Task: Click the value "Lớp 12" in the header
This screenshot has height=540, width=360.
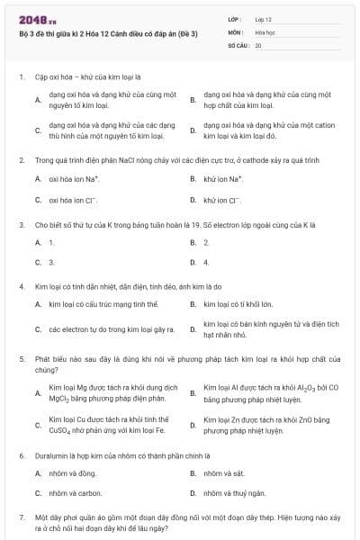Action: tap(264, 19)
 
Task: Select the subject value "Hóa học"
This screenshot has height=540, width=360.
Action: tap(265, 31)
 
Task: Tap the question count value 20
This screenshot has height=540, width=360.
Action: tap(258, 44)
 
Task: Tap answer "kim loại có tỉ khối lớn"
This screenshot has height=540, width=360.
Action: tap(238, 305)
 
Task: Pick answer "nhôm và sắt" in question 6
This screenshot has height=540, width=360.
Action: tap(223, 472)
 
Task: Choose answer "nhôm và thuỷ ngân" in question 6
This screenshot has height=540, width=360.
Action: tap(232, 493)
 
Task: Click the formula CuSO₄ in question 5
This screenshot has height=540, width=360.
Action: tap(62, 430)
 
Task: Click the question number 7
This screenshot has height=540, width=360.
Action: tap(21, 517)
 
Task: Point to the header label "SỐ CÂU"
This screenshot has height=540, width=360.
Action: tap(238, 44)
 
